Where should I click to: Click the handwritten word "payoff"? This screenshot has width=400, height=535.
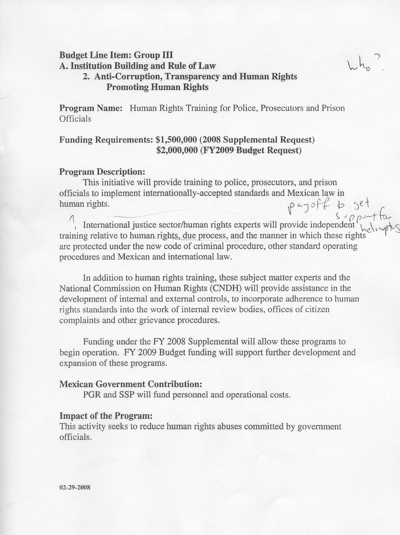pos(307,207)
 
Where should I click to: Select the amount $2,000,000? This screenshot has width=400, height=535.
pos(177,150)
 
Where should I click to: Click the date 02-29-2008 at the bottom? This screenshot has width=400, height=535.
pos(75,487)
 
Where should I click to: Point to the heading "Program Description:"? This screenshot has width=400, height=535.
pos(102,172)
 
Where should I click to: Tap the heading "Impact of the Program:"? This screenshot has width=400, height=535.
pos(106,416)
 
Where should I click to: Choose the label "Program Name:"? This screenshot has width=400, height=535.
pos(91,108)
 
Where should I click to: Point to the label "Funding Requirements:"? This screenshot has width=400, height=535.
pos(106,140)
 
